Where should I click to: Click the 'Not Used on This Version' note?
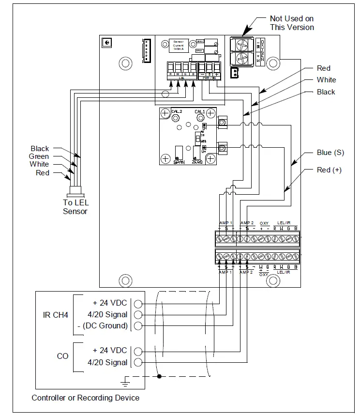[x=292, y=23]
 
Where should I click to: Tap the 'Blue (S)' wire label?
[x=330, y=153]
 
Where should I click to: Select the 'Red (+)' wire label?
[x=329, y=170]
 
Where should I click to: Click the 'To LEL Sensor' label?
[x=75, y=207]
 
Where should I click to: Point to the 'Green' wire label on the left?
[x=39, y=156]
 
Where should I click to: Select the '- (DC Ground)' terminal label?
[x=102, y=326]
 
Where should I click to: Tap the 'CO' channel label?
[x=62, y=356]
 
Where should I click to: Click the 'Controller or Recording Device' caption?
[x=86, y=398]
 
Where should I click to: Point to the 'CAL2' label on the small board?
[x=176, y=111]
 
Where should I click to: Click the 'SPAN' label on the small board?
[x=179, y=163]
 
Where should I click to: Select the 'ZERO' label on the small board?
[x=197, y=163]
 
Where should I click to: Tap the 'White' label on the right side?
[x=326, y=80]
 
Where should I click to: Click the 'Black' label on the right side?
[x=326, y=92]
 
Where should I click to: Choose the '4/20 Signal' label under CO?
[x=107, y=362]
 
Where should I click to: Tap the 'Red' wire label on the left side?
[x=43, y=173]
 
